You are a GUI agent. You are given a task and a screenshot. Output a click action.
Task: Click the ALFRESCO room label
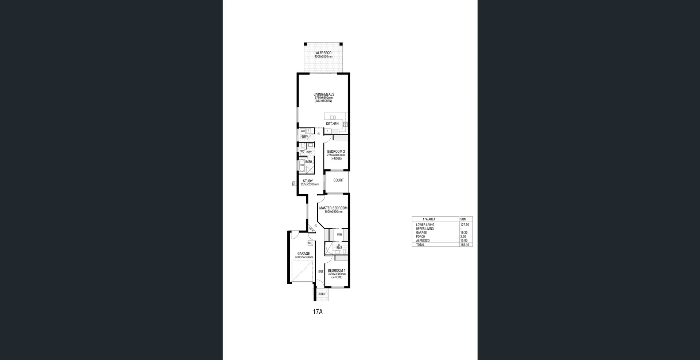323,53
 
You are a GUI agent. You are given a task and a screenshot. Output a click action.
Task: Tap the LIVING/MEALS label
324,94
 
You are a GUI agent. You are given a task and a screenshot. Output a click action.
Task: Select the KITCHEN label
332,124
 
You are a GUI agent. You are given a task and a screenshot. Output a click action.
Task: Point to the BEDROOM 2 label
336,152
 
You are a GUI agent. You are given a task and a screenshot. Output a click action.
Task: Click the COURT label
338,180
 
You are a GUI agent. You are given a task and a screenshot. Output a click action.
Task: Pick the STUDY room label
308,181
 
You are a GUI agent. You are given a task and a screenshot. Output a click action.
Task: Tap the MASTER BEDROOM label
333,208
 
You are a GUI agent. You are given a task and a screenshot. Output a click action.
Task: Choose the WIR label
339,235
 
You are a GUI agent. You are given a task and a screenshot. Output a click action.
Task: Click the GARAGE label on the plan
303,254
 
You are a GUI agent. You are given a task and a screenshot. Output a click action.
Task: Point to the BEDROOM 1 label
337,270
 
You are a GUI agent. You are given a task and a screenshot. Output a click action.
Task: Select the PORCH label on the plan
322,294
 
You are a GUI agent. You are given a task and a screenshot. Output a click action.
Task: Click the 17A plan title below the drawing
318,312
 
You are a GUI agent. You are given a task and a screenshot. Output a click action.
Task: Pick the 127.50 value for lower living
464,225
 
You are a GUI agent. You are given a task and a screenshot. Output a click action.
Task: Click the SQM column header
463,219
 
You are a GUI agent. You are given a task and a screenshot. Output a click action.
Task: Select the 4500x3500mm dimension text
323,57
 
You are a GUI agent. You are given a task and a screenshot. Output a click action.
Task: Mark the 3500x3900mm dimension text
333,212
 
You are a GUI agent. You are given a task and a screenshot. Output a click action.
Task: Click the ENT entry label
321,271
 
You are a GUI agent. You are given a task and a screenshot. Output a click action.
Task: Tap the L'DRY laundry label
304,137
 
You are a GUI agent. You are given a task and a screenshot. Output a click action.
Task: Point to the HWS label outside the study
293,184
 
